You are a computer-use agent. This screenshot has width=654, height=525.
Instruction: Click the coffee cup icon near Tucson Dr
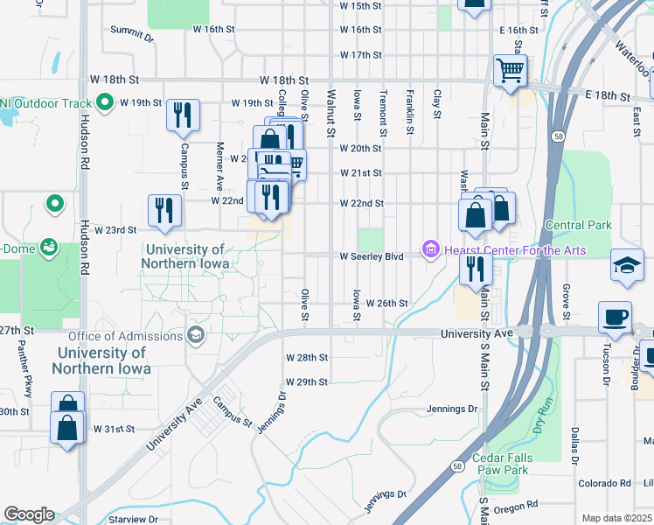[616, 317]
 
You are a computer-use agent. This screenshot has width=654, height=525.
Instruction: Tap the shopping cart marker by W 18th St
[510, 70]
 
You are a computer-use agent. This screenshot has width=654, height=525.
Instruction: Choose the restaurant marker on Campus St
[183, 115]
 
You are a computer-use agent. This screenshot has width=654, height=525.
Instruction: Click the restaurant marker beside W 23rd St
[164, 210]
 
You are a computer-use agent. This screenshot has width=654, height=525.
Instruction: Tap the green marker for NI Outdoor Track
[105, 103]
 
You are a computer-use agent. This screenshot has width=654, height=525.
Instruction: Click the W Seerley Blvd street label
[372, 256]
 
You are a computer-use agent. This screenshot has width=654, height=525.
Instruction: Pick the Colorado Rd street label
[603, 483]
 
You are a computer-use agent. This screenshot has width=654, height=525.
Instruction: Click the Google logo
[29, 514]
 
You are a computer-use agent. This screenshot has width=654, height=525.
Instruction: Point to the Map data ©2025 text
[616, 518]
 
